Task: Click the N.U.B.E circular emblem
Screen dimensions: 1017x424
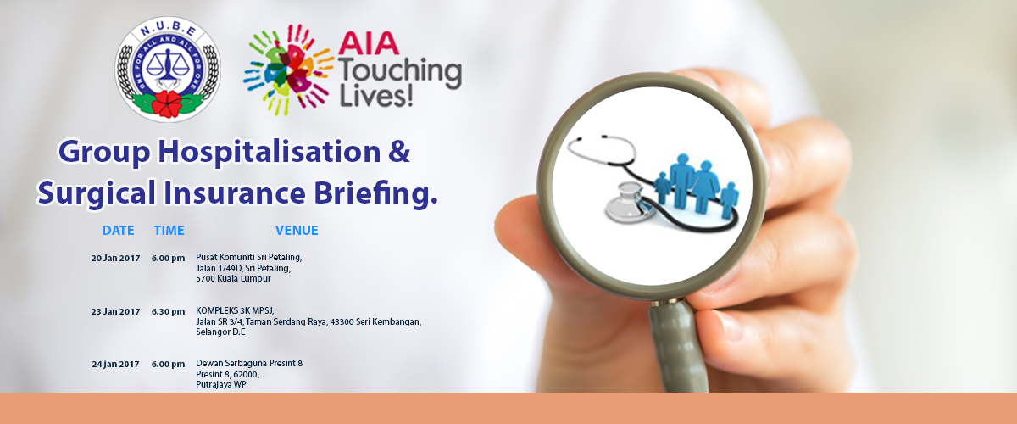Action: (x=168, y=70)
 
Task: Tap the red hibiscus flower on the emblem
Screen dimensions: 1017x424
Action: (x=167, y=104)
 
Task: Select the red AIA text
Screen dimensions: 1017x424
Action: (x=368, y=43)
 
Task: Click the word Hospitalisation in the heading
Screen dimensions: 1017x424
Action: (x=270, y=153)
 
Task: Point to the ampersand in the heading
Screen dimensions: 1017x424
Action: (x=399, y=152)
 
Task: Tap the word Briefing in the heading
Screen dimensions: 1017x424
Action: (x=375, y=192)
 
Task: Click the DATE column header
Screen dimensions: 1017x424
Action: (x=118, y=231)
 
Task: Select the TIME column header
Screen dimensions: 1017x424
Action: (x=169, y=231)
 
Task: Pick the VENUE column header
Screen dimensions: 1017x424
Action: (x=297, y=231)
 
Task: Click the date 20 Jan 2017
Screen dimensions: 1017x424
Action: (x=115, y=258)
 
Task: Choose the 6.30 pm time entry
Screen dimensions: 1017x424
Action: (x=168, y=312)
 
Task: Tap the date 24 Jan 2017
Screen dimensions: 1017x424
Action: (x=115, y=365)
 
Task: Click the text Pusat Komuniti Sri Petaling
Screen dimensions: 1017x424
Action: (x=249, y=258)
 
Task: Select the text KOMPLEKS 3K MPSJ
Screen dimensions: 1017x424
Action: (x=235, y=311)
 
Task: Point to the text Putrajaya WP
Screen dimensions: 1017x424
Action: (x=221, y=384)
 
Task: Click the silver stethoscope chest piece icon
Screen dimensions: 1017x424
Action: (x=629, y=204)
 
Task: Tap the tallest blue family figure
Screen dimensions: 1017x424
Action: (x=682, y=181)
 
